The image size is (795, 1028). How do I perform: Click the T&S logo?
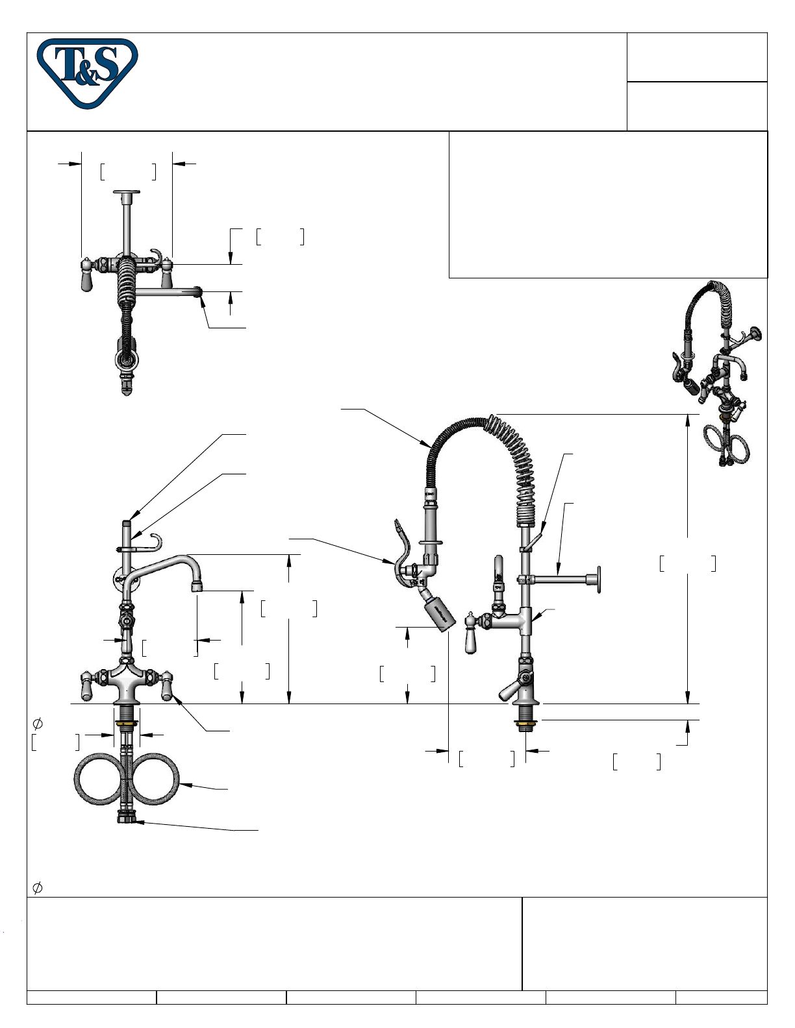pos(87,73)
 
